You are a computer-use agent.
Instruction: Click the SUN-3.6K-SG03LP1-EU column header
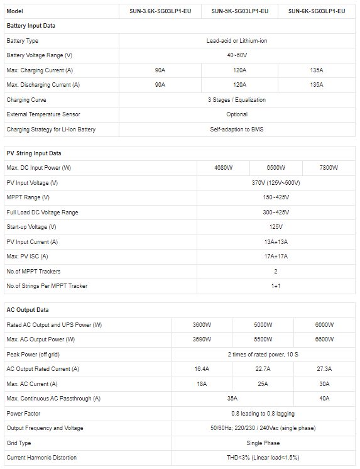160,11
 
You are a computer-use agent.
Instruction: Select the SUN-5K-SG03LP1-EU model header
239,11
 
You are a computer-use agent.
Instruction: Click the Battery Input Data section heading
31,26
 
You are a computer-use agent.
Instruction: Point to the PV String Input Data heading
34,153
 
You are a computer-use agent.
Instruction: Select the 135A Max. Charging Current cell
317,70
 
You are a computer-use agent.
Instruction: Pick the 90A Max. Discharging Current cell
160,84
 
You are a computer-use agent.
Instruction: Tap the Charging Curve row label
26,99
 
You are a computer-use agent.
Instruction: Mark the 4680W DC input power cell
223,168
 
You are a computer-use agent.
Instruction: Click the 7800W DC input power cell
329,168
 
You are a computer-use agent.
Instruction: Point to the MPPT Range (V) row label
28,197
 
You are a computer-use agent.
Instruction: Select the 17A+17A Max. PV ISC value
276,257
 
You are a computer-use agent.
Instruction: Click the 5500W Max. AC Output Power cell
263,339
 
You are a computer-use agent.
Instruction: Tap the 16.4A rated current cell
202,369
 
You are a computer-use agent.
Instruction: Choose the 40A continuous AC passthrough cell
325,399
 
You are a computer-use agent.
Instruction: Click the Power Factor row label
24,414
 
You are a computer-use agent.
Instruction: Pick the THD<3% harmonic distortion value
263,458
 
